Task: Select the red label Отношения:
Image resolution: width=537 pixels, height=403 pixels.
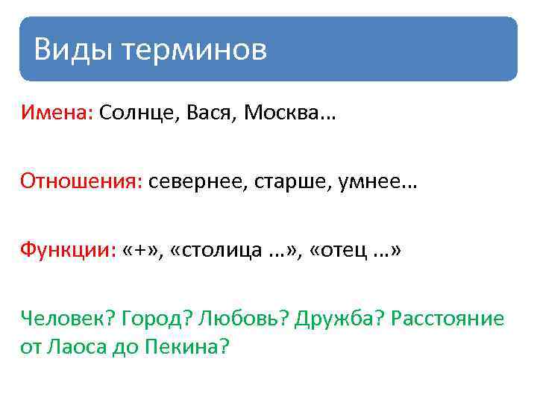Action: [81, 182]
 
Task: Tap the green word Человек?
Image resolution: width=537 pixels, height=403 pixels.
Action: [63, 319]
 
